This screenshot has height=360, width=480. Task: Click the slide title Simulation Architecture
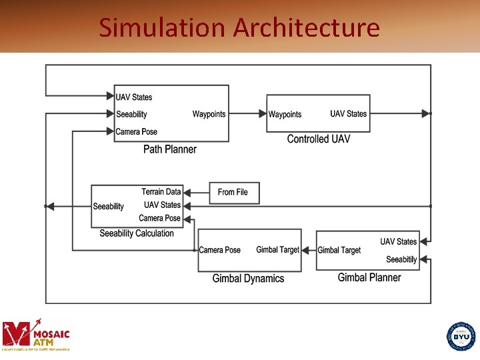click(239, 27)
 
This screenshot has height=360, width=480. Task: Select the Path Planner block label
click(170, 149)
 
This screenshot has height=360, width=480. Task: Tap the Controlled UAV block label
click(318, 139)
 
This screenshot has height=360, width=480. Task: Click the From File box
click(233, 192)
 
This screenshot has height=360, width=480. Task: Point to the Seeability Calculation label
click(137, 233)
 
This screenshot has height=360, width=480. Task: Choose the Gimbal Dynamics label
click(248, 279)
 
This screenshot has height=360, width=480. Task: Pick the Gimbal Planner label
click(369, 277)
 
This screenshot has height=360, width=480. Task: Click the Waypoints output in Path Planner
click(209, 114)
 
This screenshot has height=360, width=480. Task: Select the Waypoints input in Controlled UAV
click(285, 115)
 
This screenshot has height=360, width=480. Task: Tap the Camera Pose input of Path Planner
click(137, 131)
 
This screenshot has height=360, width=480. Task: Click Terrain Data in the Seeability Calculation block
click(161, 192)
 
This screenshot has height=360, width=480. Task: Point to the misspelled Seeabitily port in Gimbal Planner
click(401, 259)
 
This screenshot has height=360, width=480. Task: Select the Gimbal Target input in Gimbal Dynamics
click(278, 250)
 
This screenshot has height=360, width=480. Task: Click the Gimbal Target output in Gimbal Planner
click(339, 250)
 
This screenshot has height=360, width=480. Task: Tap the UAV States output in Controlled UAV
click(348, 114)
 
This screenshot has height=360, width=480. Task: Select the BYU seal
click(461, 336)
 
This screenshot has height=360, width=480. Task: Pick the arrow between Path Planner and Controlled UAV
click(247, 114)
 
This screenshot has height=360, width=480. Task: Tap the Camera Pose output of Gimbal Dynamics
click(220, 250)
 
